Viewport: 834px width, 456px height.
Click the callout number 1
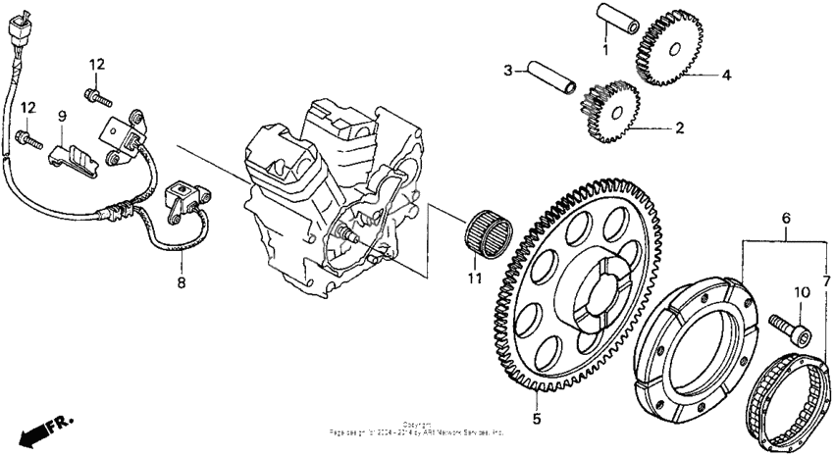605,49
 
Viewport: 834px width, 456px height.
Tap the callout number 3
508,70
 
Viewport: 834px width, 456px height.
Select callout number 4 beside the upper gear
727,75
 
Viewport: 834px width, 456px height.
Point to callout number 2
677,127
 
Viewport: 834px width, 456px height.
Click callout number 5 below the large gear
536,420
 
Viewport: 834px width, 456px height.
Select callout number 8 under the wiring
181,283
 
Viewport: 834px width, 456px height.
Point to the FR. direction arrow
45,429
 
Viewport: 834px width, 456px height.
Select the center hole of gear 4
676,49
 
